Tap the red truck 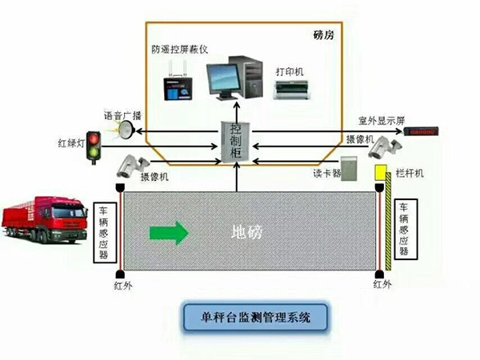coord(46,218)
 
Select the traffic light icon coord(95,146)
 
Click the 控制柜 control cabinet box coord(234,142)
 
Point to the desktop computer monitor coord(224,80)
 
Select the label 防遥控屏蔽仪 coord(180,48)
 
